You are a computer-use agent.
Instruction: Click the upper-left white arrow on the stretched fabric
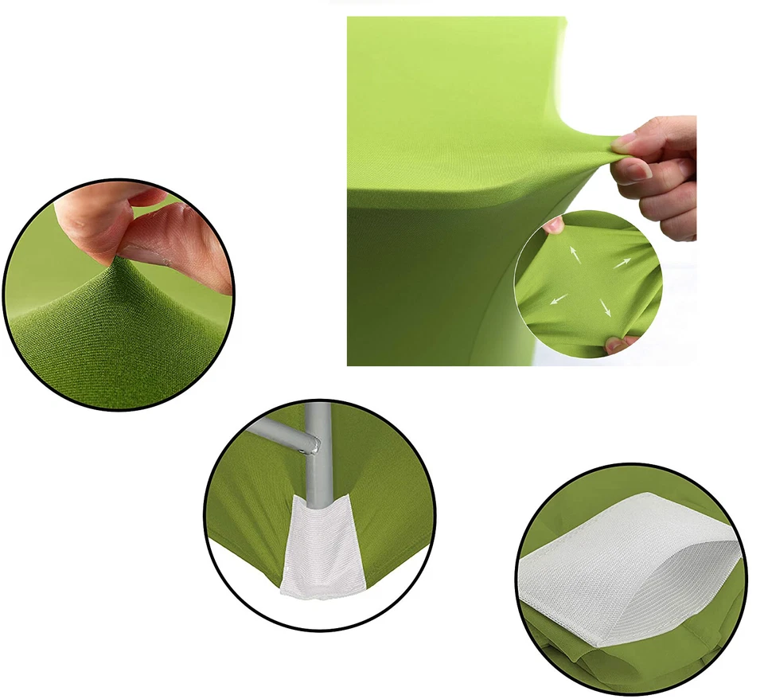(572, 254)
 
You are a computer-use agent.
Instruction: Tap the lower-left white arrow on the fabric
(559, 299)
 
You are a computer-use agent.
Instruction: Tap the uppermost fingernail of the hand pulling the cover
(626, 139)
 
